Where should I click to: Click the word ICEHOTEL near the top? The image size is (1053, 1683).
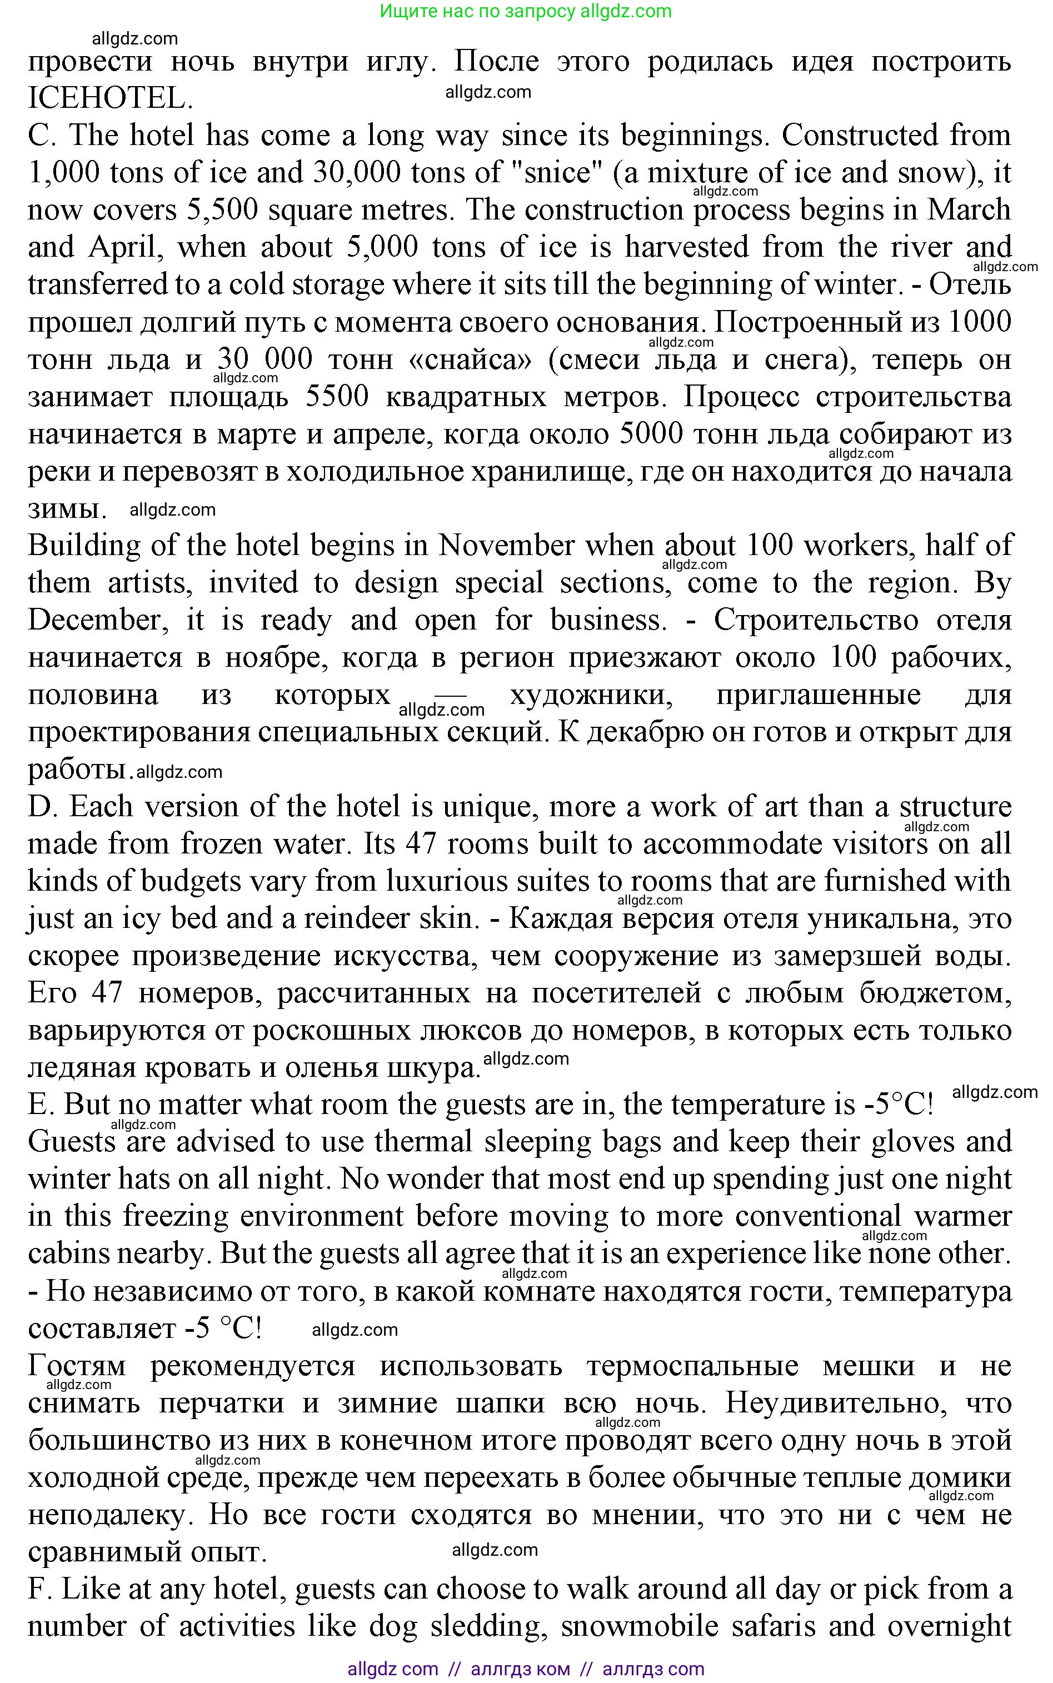110,99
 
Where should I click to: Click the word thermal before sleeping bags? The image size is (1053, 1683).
424,1142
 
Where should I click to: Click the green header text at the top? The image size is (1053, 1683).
526,11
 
